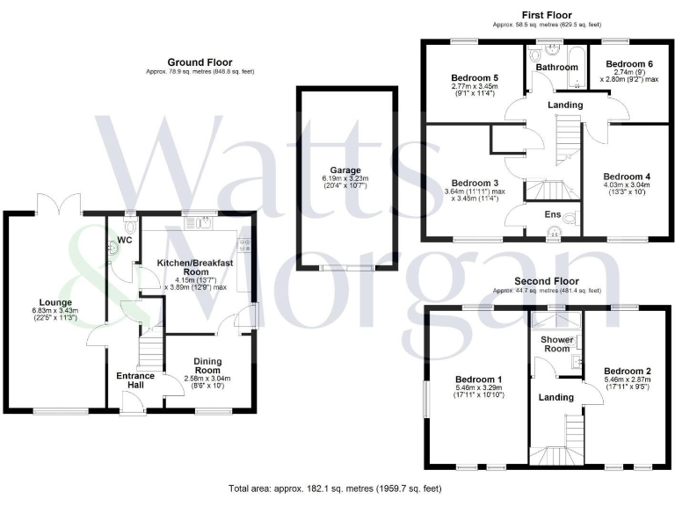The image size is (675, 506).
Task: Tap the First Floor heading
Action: (x=547, y=15)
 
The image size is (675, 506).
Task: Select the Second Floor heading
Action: (x=547, y=280)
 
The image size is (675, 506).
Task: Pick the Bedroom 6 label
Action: (x=629, y=64)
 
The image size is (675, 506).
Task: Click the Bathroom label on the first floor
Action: (x=555, y=66)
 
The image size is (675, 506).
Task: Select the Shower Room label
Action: (x=556, y=343)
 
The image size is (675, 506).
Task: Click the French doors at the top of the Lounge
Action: (x=58, y=205)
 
